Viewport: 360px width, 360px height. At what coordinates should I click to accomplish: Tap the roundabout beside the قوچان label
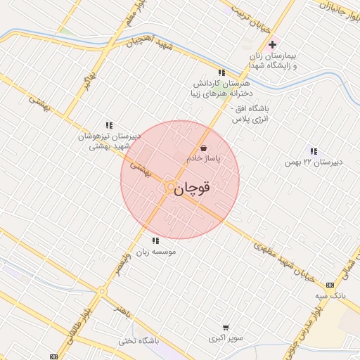[170, 187]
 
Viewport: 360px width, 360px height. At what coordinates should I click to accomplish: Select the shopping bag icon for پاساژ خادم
[204, 148]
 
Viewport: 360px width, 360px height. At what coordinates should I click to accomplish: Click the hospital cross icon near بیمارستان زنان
[272, 45]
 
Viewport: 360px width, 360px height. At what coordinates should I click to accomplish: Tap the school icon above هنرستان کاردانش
[221, 72]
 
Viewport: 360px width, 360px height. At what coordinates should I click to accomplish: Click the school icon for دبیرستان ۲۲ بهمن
[313, 151]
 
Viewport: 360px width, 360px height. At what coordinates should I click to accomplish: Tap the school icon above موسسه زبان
[155, 241]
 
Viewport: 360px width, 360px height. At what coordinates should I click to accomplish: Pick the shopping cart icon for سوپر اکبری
[226, 328]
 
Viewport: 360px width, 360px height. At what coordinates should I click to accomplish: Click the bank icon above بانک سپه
[330, 285]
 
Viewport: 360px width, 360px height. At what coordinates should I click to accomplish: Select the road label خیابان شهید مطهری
[282, 259]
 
